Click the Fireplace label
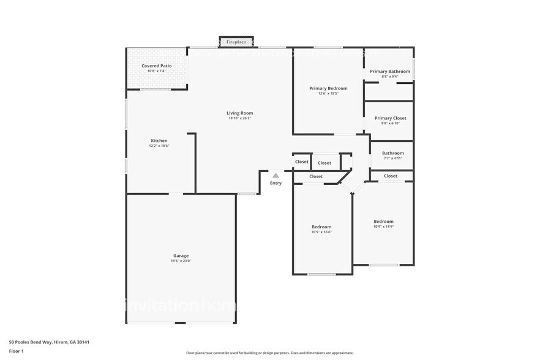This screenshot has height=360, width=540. tap(236, 42)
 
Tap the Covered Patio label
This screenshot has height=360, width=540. tap(157, 66)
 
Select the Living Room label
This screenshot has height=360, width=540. tap(239, 113)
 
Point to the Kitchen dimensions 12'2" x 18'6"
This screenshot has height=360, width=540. tap(159, 146)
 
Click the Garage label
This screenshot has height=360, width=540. tap(181, 255)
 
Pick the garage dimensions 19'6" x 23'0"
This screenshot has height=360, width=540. tap(181, 261)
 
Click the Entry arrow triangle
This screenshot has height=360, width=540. tap(276, 175)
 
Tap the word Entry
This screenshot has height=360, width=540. tap(276, 183)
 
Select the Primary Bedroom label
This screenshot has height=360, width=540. tap(328, 88)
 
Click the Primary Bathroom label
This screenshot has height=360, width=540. tap(389, 72)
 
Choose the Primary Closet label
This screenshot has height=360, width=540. tap(390, 118)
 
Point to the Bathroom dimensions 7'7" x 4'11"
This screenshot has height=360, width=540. tap(392, 158)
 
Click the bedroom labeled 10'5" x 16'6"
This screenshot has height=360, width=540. tap(321, 229)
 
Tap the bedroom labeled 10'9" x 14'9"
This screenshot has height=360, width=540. tap(383, 223)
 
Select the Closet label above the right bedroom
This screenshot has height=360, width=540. tap(391, 176)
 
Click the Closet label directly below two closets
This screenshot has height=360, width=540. tap(316, 176)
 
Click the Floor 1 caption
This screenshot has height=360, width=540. tap(17, 351)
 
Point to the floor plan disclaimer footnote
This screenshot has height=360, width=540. tap(269, 353)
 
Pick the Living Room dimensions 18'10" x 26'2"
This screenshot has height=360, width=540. tap(239, 118)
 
